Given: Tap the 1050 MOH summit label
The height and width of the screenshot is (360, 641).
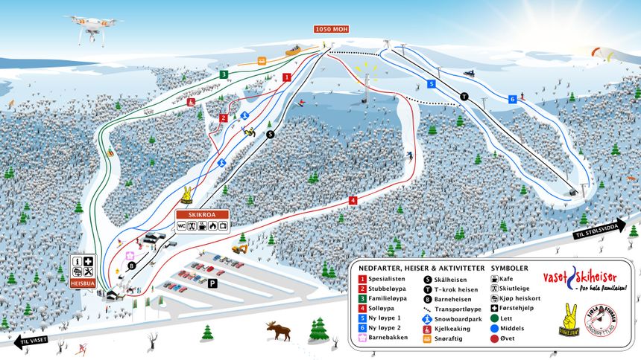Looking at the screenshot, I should tap(332, 29).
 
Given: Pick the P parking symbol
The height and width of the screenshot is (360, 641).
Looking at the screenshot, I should tap(212, 283).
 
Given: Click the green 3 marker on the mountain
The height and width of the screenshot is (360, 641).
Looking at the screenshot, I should tap(224, 74).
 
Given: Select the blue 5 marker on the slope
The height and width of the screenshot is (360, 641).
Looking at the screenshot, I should tap(431, 84).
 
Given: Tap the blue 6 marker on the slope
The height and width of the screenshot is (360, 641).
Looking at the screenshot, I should tap(513, 99).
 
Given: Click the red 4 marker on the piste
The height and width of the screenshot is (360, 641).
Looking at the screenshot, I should tap(353, 200).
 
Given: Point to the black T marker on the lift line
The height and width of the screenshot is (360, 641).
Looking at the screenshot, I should tap(464, 96).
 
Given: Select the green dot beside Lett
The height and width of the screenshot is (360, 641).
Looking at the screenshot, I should tap(495, 318).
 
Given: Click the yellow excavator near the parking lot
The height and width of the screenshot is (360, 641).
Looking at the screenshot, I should tap(240, 245).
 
